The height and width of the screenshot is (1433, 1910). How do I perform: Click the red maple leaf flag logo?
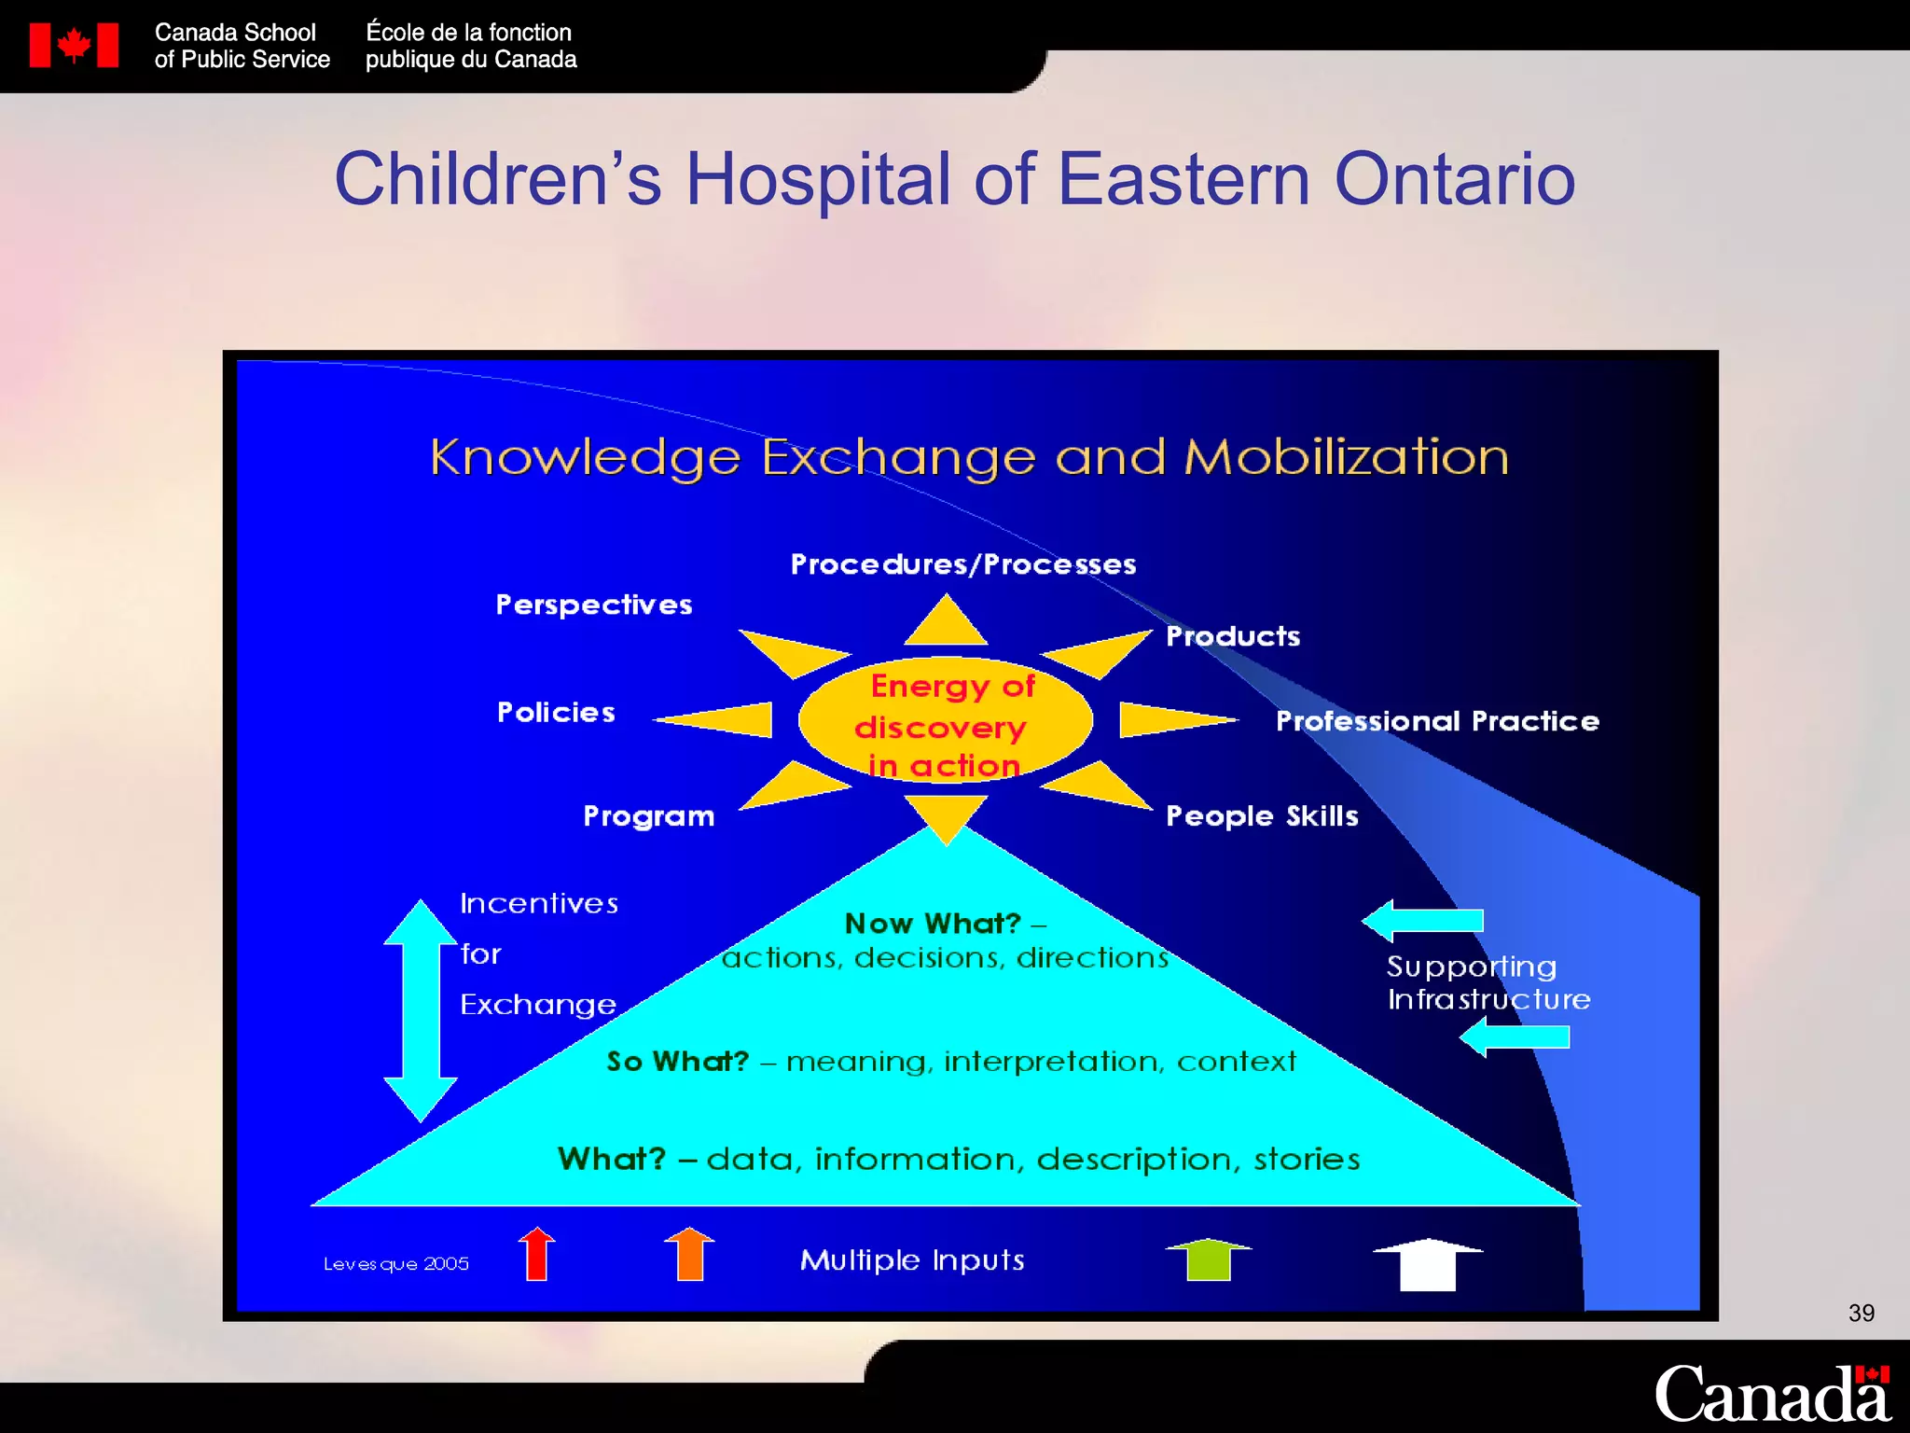(74, 45)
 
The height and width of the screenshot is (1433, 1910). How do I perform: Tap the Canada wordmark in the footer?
(1771, 1394)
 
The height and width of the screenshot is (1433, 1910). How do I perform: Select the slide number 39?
(1861, 1313)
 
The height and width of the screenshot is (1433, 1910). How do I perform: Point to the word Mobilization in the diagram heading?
(1346, 457)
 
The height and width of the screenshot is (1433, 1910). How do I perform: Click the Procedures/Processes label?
(963, 564)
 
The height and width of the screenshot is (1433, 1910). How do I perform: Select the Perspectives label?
(594, 605)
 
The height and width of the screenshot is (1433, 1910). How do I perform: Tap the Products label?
(1233, 636)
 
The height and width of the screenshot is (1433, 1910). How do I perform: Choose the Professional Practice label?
(1437, 721)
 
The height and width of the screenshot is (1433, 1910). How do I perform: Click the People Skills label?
(1262, 816)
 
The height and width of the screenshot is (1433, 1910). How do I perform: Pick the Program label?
(648, 816)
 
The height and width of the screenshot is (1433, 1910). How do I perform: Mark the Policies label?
(556, 713)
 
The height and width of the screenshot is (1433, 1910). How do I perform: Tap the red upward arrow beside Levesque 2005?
(537, 1254)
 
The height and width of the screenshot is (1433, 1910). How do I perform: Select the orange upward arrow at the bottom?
(689, 1254)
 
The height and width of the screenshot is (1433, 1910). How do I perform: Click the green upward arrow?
(1209, 1259)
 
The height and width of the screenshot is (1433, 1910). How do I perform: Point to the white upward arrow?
(1428, 1265)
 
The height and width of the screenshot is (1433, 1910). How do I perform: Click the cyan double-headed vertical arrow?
(421, 1010)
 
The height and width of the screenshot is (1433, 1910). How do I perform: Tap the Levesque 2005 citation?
(396, 1264)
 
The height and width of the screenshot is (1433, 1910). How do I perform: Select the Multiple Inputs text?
(912, 1260)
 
